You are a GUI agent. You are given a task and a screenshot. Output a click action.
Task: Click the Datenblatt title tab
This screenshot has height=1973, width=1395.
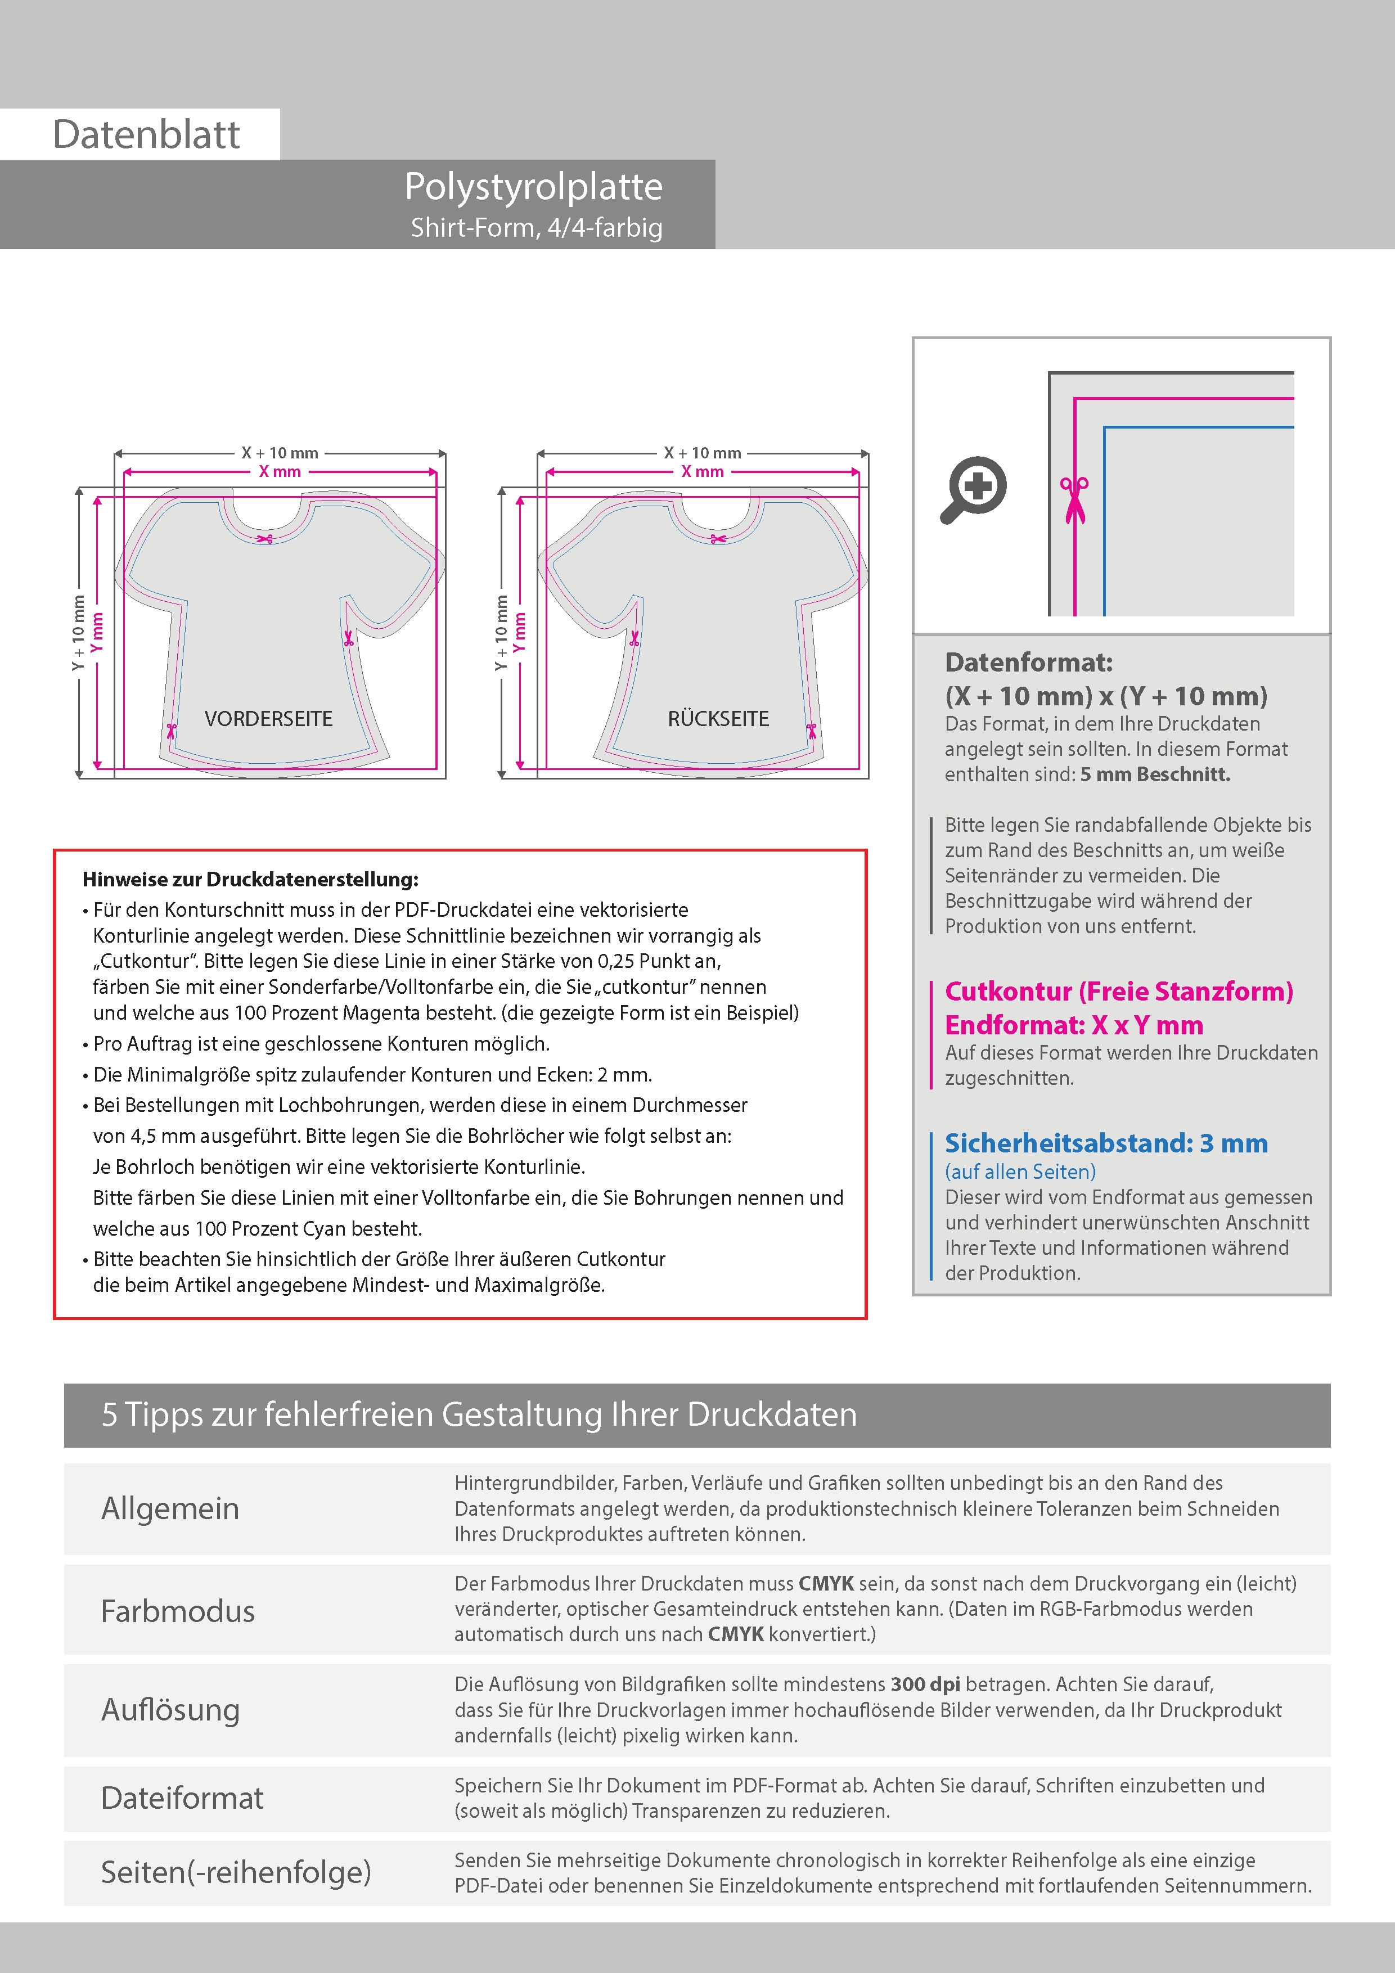coord(146,134)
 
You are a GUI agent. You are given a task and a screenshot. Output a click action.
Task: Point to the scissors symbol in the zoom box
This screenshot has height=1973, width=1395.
coord(1074,498)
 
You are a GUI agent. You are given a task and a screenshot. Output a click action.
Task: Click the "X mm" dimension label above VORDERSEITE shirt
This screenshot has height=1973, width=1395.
coord(280,472)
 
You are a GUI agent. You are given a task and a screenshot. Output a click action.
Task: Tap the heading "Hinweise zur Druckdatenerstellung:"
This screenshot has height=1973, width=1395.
coord(250,879)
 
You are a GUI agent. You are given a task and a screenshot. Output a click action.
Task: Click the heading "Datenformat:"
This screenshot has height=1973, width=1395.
coord(1028,663)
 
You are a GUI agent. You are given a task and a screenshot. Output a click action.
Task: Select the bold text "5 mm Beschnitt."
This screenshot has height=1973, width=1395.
coord(1155,774)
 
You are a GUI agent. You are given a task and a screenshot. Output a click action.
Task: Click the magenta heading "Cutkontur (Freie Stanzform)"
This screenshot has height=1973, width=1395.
coord(1118,992)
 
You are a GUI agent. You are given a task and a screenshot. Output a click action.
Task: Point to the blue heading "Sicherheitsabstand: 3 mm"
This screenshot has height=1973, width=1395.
coord(1106,1144)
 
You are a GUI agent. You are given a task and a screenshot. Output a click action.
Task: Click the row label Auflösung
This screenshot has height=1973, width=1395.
coord(170,1709)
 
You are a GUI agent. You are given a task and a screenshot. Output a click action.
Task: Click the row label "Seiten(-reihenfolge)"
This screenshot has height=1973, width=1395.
coord(236,1872)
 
